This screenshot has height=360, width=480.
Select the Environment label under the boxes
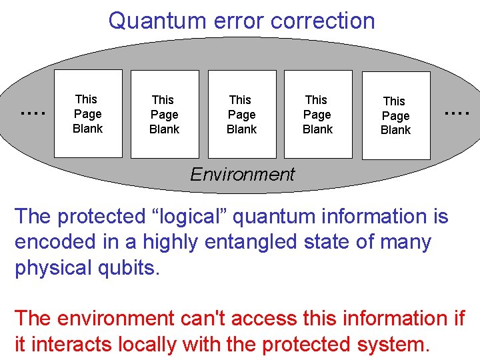[x=242, y=175]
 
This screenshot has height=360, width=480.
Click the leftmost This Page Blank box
[x=88, y=113]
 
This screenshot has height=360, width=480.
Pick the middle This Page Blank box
[x=241, y=114]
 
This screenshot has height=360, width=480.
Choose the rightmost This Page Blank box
[x=395, y=115]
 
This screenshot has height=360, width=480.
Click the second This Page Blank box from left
[x=165, y=114]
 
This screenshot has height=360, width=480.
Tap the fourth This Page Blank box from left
[x=317, y=114]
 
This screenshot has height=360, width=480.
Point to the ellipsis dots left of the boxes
[x=33, y=113]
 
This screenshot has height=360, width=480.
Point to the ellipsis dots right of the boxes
[x=457, y=113]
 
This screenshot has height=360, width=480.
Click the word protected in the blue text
[x=105, y=217]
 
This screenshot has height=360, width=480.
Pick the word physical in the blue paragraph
[x=56, y=268]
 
